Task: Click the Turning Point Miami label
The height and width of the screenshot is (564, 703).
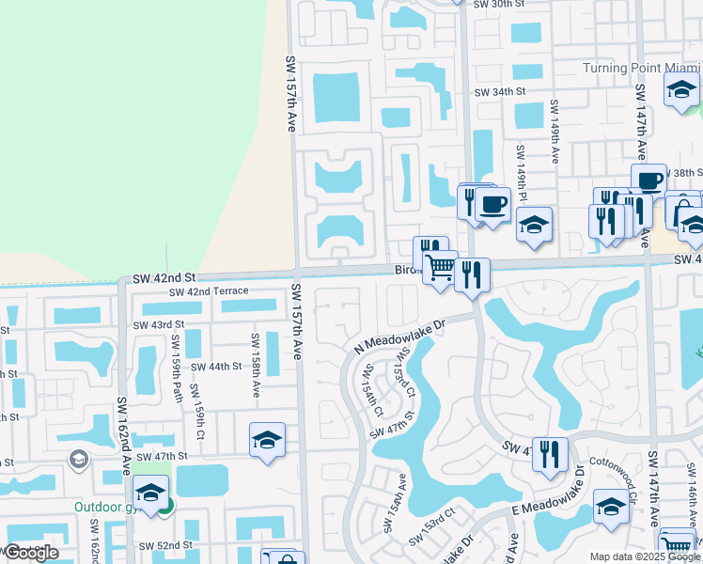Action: click(x=642, y=68)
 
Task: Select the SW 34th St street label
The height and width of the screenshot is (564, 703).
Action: click(x=498, y=92)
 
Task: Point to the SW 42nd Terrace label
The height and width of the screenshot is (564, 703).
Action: click(x=209, y=291)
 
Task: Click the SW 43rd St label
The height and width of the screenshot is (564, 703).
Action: click(x=154, y=325)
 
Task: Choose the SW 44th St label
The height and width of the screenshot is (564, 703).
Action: click(x=216, y=367)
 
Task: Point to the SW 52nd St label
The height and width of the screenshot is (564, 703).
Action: click(x=165, y=545)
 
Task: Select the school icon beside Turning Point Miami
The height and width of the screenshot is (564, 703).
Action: click(x=681, y=90)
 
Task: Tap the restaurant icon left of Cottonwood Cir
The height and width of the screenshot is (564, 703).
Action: click(x=550, y=453)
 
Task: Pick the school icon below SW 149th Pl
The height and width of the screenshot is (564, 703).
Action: click(x=534, y=225)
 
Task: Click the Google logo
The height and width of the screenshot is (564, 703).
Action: click(x=31, y=553)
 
